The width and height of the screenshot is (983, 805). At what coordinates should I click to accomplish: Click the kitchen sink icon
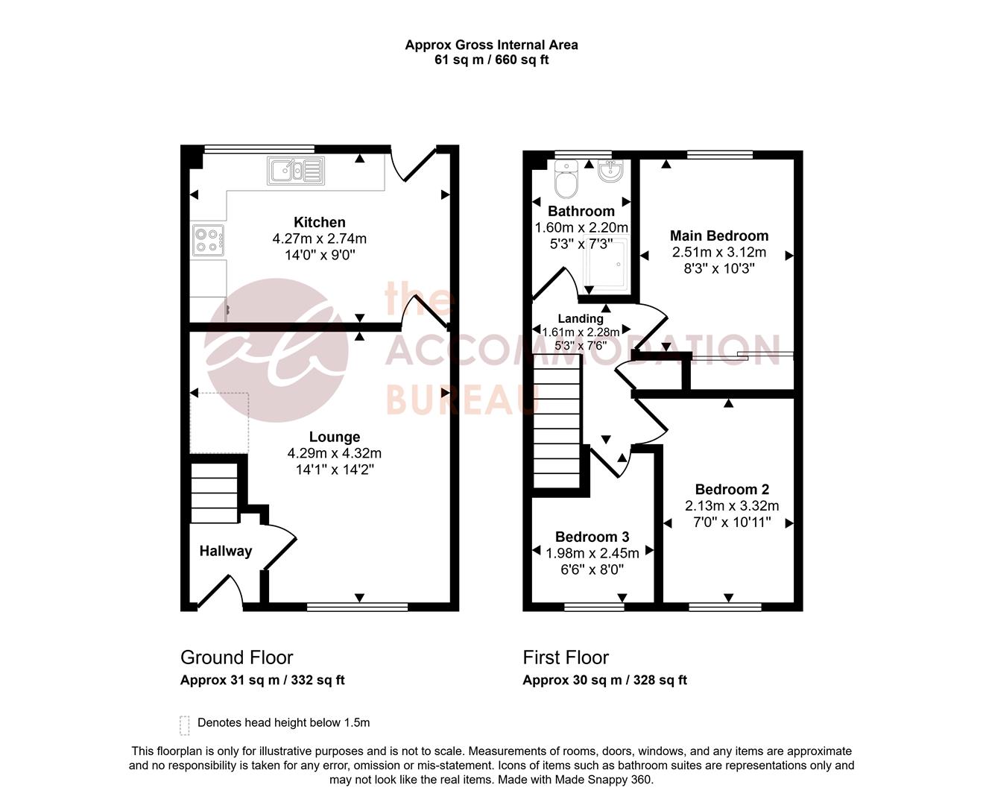[295, 171]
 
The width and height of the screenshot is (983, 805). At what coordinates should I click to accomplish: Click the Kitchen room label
[319, 222]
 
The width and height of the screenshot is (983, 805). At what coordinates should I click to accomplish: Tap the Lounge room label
[335, 437]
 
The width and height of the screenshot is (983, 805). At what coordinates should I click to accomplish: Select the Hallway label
[225, 551]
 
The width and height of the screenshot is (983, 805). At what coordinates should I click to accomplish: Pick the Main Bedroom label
[718, 236]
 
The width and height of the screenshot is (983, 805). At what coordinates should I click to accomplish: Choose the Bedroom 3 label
[592, 537]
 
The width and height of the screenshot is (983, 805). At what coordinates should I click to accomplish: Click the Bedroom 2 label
[731, 489]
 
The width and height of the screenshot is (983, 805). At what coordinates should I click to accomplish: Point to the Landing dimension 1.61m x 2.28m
[581, 332]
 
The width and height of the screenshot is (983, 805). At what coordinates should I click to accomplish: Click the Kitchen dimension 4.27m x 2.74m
[319, 239]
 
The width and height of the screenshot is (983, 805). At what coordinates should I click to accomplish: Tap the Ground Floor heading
[236, 657]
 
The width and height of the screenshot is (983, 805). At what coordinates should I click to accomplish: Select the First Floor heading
[566, 657]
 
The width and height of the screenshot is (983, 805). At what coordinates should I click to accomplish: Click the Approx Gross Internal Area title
[491, 45]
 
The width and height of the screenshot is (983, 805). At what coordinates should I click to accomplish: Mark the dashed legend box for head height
[185, 724]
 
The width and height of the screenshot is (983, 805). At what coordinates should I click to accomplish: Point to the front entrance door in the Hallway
[227, 589]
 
